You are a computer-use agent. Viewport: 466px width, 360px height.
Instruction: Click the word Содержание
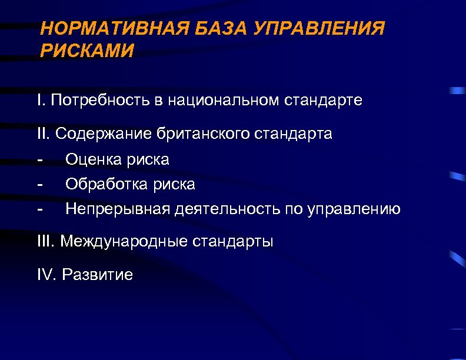(104, 134)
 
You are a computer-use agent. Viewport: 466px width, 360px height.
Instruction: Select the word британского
(204, 134)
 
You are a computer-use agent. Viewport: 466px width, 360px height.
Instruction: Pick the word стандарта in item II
(294, 134)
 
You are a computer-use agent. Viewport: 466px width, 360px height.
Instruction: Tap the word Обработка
(105, 185)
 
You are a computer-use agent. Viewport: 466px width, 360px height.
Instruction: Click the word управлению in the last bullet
(354, 209)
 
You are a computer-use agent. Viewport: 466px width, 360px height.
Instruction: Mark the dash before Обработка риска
(39, 185)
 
